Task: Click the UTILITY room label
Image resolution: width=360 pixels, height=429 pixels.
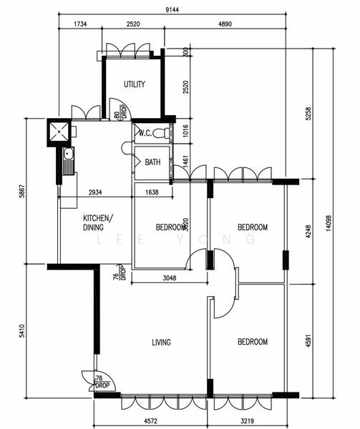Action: tap(134, 84)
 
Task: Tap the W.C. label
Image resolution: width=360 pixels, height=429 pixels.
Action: tap(144, 133)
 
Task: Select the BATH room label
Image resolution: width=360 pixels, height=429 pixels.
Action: tap(152, 162)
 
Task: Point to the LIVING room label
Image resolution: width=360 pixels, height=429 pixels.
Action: tap(162, 342)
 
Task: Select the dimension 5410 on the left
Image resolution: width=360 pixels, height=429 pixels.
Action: tap(22, 330)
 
